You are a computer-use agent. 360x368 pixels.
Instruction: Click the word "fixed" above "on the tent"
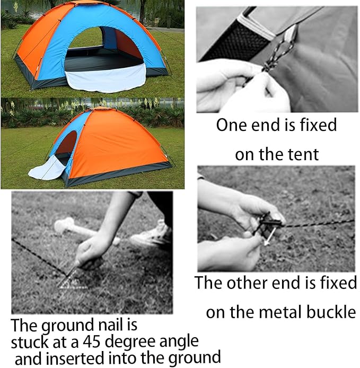313,125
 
